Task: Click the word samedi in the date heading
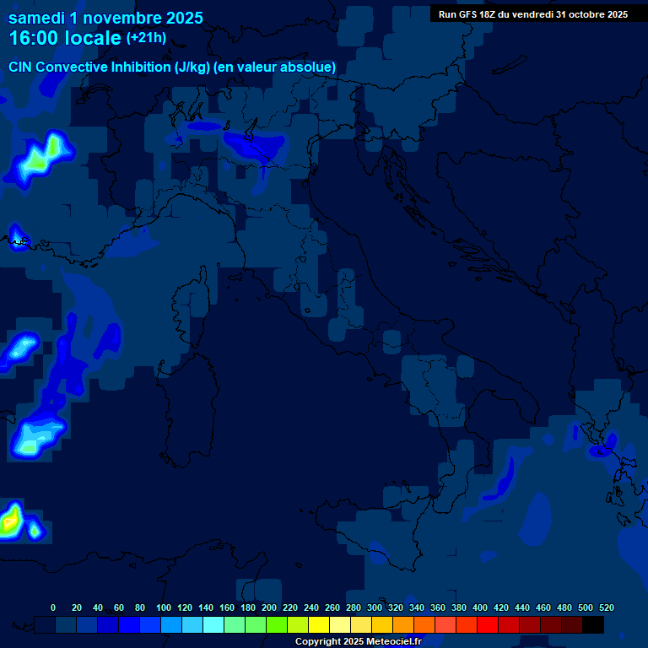point(38,17)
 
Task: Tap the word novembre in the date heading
point(122,17)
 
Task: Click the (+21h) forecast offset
point(146,38)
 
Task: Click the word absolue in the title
point(309,67)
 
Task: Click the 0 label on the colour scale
point(53,608)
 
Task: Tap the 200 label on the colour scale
point(269,608)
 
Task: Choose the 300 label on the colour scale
point(375,608)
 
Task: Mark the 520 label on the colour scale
point(607,608)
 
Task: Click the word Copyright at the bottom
point(319,642)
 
